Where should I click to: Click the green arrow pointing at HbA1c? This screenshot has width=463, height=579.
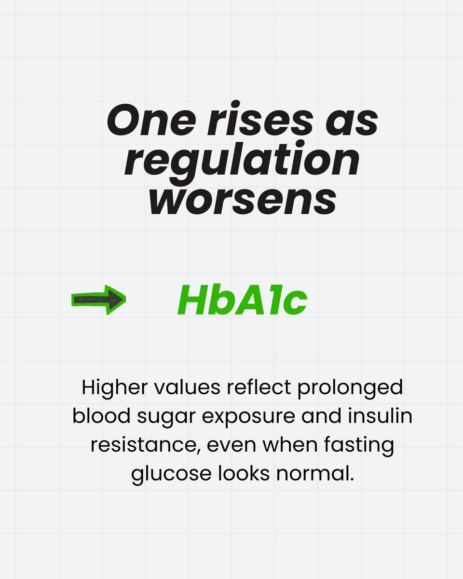[98, 300]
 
